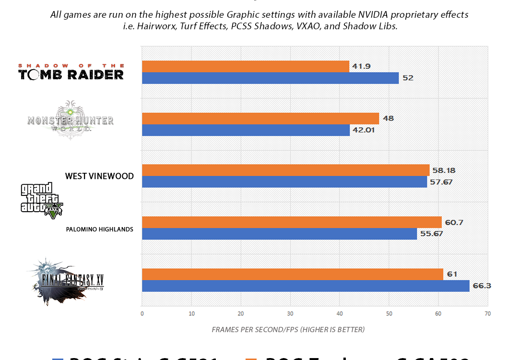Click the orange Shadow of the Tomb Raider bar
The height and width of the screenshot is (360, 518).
pos(246,67)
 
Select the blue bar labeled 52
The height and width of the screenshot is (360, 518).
pos(271,78)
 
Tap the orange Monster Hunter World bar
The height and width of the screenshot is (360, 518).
pos(260,119)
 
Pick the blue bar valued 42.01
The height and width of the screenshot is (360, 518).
pos(246,130)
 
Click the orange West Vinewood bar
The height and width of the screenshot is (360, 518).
pos(286,170)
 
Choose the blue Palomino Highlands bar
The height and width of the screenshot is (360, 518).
pos(280,234)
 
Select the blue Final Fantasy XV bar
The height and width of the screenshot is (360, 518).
pos(306,286)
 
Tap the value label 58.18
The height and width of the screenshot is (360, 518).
pos(443,170)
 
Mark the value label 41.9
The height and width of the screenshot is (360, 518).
pos(361,67)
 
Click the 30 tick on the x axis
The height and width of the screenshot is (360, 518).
pos(290,313)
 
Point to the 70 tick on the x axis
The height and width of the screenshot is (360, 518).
pos(487,313)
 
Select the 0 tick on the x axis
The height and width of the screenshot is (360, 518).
pos(142,313)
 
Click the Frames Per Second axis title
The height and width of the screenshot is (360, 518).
pos(288,330)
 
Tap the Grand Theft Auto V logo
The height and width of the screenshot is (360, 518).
pos(42,201)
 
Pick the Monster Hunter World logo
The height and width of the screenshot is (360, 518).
pos(71,120)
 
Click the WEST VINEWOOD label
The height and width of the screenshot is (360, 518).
pos(99,176)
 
